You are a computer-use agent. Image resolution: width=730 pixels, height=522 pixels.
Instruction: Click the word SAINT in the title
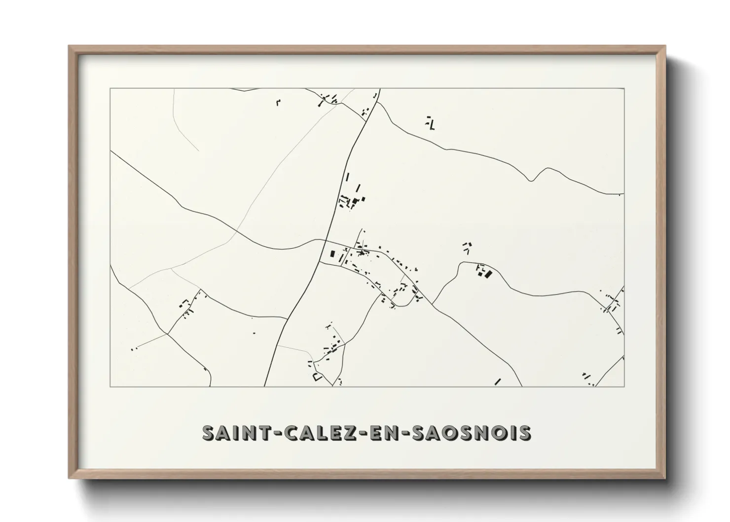point(233,432)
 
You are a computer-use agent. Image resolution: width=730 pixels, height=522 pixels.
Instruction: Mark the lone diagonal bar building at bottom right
point(497,381)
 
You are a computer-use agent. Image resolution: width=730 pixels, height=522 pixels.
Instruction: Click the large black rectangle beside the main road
point(332,255)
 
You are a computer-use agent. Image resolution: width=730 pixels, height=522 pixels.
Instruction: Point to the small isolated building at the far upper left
point(278,103)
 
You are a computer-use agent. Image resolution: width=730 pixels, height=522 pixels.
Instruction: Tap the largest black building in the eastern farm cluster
point(489,274)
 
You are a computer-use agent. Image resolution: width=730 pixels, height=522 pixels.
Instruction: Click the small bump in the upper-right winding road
point(531,180)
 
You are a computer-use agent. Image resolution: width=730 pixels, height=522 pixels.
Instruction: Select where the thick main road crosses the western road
point(326,240)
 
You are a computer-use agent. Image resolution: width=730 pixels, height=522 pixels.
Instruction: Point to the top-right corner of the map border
point(624,89)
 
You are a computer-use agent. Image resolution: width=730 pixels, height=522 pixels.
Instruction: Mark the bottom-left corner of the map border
point(110,386)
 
